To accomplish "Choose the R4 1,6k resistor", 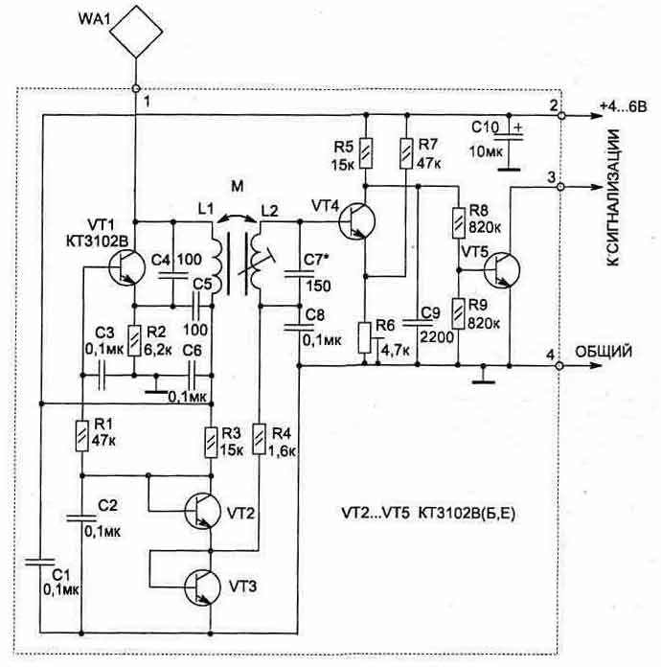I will (x=259, y=443).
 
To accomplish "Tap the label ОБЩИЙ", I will (x=604, y=352).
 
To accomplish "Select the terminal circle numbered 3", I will (x=559, y=186).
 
